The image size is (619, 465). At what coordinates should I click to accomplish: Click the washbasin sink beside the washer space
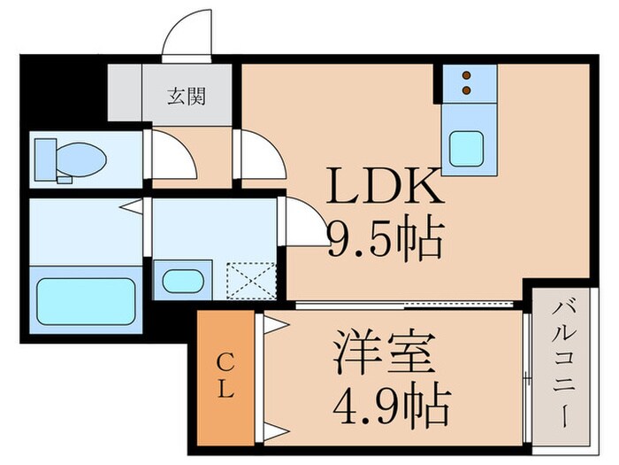pos(183,281)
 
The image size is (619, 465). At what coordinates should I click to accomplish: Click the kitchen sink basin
pos(467,143)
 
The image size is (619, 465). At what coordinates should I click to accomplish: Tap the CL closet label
pos(225,374)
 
